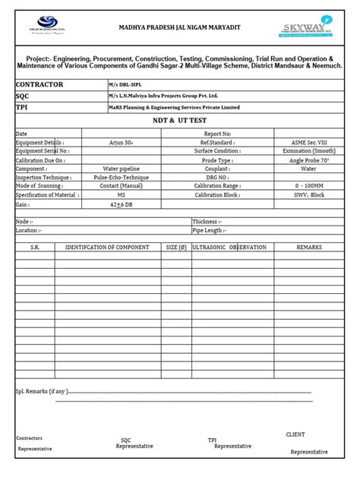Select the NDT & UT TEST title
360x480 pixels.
179,121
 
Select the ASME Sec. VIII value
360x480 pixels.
309,142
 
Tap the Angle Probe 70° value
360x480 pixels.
309,160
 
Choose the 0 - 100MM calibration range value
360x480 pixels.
309,186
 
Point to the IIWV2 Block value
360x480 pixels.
309,195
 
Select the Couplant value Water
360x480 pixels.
309,169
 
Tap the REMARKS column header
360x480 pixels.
309,248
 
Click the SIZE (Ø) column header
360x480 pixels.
176,248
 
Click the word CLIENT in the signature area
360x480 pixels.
295,434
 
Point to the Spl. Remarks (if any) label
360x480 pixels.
42,391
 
